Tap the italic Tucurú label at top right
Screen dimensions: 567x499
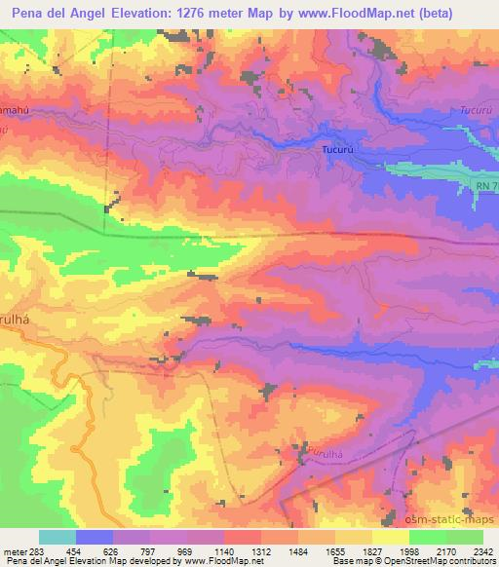[x=478, y=110]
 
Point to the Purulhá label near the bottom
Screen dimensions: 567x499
[x=330, y=452]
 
